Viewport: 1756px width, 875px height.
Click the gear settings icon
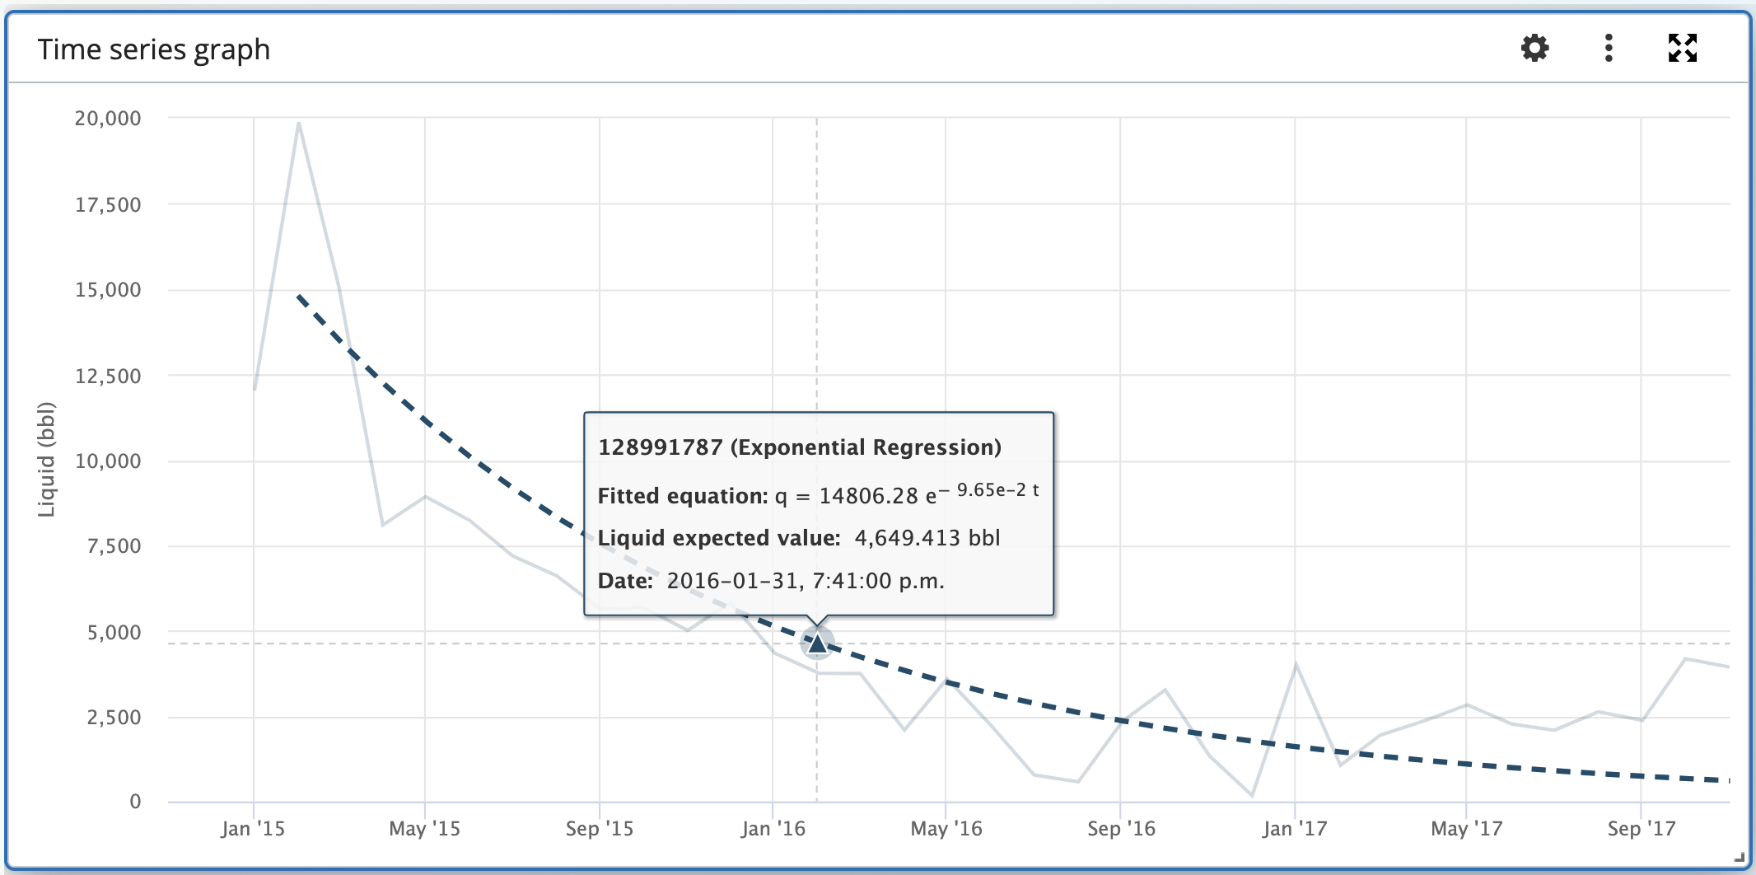click(x=1534, y=48)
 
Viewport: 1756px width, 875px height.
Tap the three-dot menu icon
click(x=1609, y=48)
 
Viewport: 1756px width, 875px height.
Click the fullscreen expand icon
click(x=1682, y=48)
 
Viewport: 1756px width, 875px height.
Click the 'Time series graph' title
click(x=154, y=49)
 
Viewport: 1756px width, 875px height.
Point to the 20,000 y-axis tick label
click(x=108, y=119)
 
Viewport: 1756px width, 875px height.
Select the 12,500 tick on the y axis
click(x=108, y=377)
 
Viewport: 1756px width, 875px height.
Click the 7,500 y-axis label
click(x=114, y=546)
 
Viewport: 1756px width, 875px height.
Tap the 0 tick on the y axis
click(x=135, y=802)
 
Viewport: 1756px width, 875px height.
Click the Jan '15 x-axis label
click(x=253, y=829)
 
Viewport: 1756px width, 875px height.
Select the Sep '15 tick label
click(x=600, y=829)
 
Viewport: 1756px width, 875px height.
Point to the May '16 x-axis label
click(x=946, y=829)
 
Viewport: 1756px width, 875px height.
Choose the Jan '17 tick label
click(x=1294, y=829)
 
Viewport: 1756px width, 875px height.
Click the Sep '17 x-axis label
click(x=1642, y=829)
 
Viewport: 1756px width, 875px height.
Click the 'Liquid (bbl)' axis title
click(x=46, y=460)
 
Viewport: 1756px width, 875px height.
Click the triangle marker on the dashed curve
click(x=817, y=643)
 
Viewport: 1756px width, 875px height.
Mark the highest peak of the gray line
click(x=298, y=124)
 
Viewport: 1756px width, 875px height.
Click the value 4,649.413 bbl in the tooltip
click(x=927, y=538)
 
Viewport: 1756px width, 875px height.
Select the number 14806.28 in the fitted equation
click(x=868, y=496)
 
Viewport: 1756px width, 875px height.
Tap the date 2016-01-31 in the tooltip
click(x=733, y=581)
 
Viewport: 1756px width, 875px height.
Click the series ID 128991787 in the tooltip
click(x=660, y=447)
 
